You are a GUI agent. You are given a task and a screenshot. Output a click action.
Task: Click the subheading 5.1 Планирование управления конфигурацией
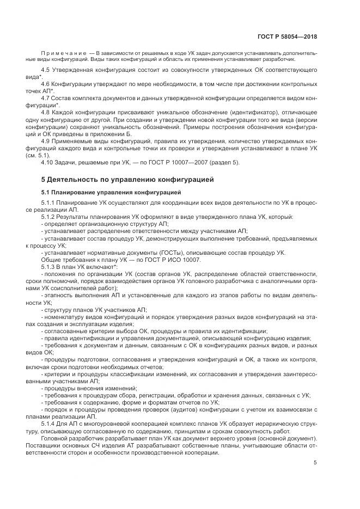(x=112, y=192)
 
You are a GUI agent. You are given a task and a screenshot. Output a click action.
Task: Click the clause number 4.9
(x=46, y=140)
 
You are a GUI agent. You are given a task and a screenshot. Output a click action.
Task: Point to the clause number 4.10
(x=48, y=162)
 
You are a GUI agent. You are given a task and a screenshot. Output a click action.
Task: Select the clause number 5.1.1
(x=49, y=204)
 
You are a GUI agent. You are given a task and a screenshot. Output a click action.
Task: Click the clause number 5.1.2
(x=49, y=217)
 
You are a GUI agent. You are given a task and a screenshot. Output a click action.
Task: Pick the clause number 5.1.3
(x=49, y=267)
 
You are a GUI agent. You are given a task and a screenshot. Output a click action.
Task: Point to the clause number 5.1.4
(x=49, y=422)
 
